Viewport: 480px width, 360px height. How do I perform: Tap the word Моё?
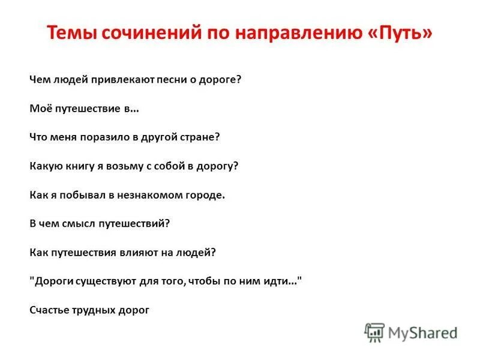coord(39,109)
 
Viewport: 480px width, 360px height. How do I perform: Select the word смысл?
coord(82,223)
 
